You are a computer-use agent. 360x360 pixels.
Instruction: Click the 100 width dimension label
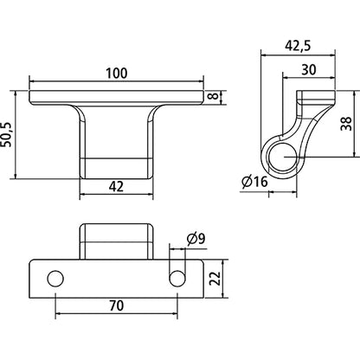point(117,75)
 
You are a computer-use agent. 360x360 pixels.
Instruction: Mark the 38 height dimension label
point(347,124)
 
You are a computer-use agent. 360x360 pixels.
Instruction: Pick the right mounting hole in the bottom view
point(177,278)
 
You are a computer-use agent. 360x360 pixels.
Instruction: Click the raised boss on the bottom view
point(117,241)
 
